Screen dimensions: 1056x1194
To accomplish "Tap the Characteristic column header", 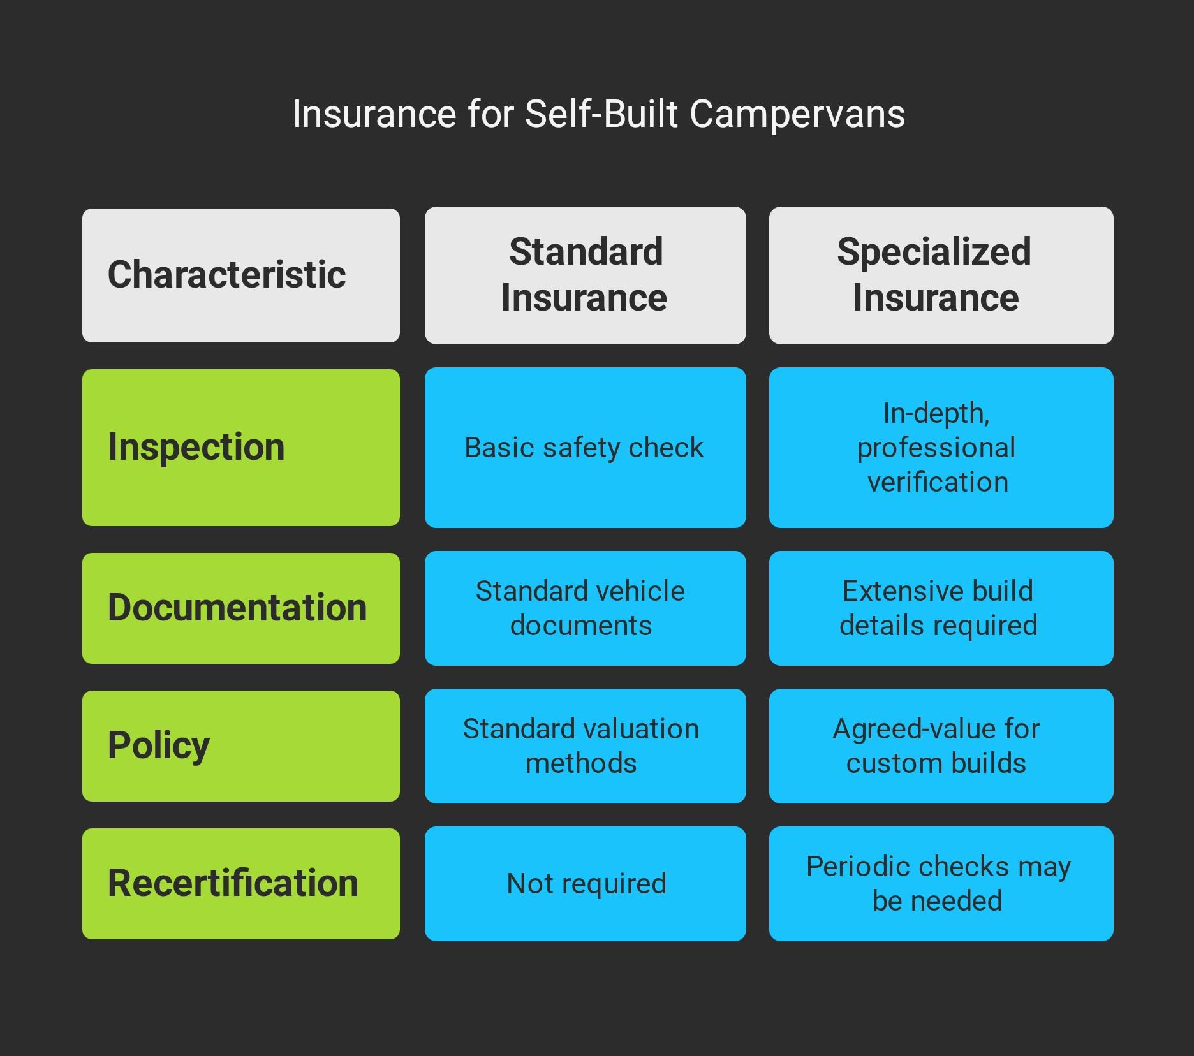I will click(240, 275).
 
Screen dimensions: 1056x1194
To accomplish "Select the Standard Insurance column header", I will click(585, 275).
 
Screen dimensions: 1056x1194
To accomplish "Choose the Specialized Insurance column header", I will click(941, 275).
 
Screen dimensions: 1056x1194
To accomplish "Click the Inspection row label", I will click(240, 447).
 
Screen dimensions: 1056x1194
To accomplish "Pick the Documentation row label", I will click(240, 608).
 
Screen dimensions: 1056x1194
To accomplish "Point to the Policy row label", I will click(240, 745).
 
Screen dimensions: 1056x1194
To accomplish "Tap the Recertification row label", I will click(240, 883).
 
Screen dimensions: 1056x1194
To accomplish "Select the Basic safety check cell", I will click(585, 447).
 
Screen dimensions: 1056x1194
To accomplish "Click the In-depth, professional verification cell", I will click(941, 447).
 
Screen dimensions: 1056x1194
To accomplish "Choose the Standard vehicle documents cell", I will click(585, 608).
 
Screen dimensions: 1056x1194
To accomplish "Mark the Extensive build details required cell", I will click(941, 608).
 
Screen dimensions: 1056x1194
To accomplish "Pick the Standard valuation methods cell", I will click(585, 745).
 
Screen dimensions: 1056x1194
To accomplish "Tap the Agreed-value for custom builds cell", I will click(941, 745).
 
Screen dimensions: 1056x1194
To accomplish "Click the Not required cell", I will click(585, 883).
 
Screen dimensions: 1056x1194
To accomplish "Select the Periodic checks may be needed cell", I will click(941, 883).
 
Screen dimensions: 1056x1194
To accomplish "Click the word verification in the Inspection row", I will click(938, 482).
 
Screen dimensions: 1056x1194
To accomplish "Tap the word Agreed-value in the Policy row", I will click(892, 729).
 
